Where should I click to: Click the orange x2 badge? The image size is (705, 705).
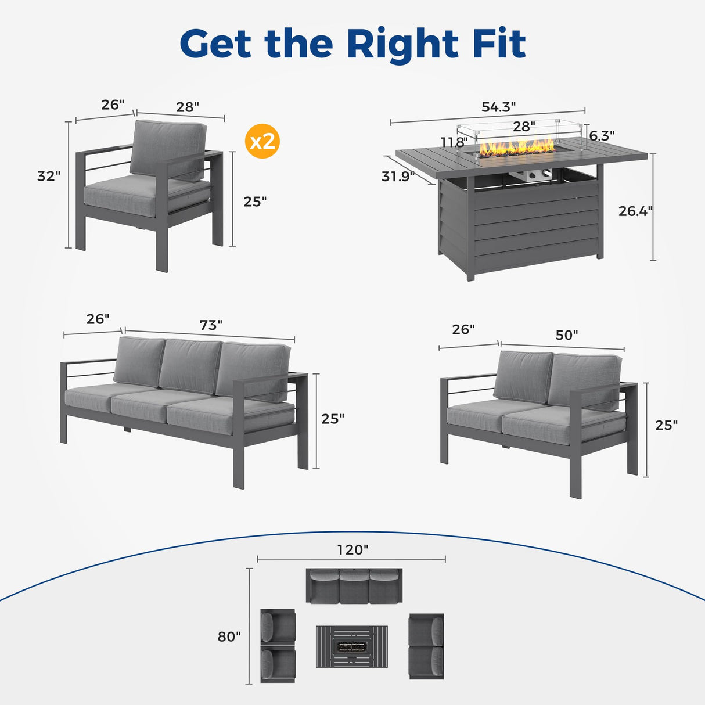click(x=263, y=141)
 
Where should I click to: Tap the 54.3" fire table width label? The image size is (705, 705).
click(x=498, y=107)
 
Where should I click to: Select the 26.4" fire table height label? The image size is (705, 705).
click(x=635, y=211)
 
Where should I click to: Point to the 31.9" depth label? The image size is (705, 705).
click(x=398, y=176)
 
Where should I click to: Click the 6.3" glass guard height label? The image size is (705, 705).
click(x=602, y=135)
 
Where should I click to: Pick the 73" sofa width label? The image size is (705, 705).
click(x=211, y=325)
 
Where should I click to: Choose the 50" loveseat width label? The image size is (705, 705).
click(x=566, y=335)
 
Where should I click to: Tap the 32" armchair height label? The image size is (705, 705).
click(x=49, y=176)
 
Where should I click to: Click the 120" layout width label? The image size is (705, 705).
click(x=352, y=549)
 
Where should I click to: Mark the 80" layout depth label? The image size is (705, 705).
click(x=229, y=636)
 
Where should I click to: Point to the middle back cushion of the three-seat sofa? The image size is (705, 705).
click(x=190, y=366)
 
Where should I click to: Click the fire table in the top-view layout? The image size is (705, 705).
click(x=352, y=646)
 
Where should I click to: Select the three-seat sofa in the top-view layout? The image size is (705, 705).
click(x=354, y=585)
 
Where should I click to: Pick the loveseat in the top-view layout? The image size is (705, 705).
click(x=426, y=646)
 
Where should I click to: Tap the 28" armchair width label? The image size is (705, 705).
click(x=188, y=107)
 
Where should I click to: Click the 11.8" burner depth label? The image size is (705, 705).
click(x=454, y=142)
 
